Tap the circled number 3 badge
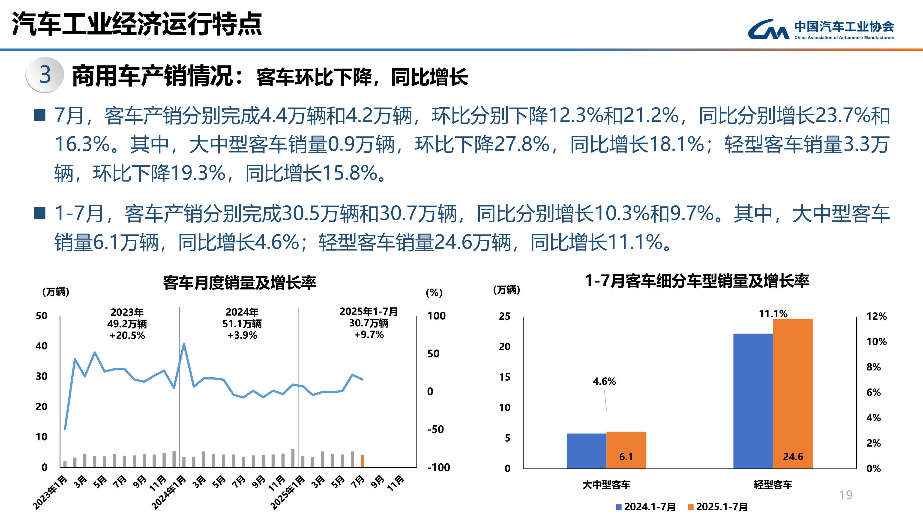point(45,75)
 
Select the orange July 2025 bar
point(362,461)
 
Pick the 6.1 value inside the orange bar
point(626,457)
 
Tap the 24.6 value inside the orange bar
point(793,457)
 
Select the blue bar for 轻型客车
point(753,401)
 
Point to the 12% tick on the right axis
point(876,316)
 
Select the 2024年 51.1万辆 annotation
point(242,323)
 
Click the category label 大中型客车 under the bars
point(606,485)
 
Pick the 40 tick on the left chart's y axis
point(42,346)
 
